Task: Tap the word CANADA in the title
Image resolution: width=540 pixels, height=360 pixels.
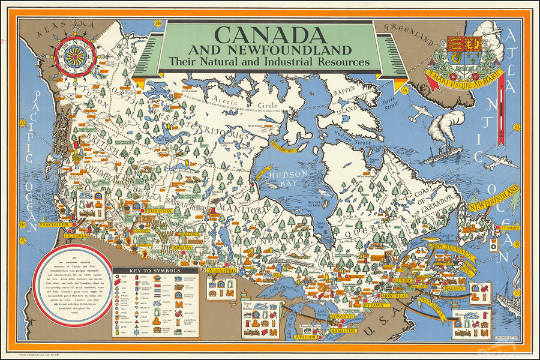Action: pos(268,34)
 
